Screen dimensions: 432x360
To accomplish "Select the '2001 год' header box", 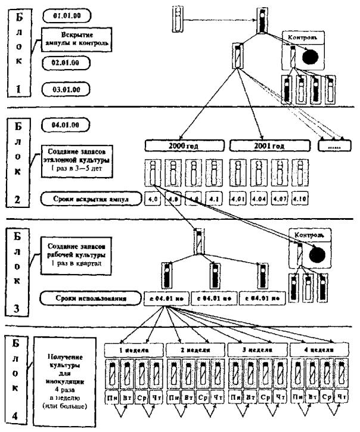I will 269,145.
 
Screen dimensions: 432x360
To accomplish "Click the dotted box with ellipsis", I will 334,145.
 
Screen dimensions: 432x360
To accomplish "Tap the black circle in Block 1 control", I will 310,57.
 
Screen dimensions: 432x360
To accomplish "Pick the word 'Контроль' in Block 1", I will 305,38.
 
